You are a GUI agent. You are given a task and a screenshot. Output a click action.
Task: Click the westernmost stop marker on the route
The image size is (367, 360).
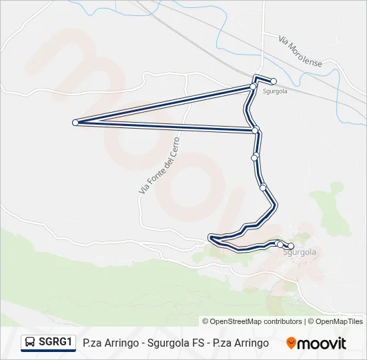[75, 122]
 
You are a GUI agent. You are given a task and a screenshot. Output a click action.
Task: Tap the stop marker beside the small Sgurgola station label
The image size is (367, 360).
[274, 81]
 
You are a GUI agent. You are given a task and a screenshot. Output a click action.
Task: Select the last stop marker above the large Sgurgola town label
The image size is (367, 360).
[290, 246]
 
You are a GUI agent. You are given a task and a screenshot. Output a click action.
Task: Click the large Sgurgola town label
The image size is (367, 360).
[299, 253]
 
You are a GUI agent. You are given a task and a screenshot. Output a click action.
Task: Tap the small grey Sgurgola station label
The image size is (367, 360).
[275, 91]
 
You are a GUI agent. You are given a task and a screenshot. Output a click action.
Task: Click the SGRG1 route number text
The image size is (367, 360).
[55, 342]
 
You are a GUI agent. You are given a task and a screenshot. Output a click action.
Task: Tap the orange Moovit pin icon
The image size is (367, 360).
[291, 343]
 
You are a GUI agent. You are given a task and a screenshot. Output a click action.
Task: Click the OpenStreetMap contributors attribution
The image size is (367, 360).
[256, 321]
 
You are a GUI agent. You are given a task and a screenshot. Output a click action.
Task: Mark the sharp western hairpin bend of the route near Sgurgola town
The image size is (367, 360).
[211, 237]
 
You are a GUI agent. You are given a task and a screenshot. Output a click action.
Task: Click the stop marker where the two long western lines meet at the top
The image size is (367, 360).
[253, 86]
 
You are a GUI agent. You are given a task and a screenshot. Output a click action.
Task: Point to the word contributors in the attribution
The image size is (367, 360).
[282, 321]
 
